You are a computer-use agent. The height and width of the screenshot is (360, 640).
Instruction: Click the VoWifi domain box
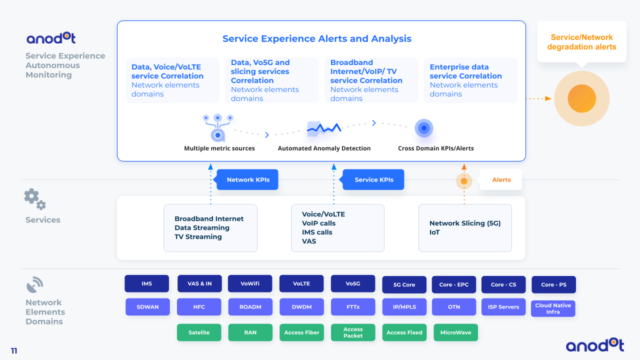tap(250, 283)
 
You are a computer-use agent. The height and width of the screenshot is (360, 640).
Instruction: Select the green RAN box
tap(250, 332)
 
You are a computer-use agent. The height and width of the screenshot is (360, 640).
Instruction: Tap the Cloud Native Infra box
tap(553, 308)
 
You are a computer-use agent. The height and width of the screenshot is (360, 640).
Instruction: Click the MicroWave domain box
tap(455, 332)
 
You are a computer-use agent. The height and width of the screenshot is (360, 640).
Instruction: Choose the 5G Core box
tap(404, 284)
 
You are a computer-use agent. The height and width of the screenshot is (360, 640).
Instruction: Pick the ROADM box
tap(250, 307)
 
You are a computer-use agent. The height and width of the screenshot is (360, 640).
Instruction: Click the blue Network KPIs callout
tap(247, 180)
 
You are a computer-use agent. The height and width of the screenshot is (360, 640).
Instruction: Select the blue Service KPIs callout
tap(373, 180)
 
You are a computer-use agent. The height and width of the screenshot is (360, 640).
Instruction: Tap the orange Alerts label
tap(501, 180)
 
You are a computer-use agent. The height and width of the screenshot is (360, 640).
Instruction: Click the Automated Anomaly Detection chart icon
tap(324, 128)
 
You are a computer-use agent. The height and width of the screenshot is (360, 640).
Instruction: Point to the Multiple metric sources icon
tap(217, 127)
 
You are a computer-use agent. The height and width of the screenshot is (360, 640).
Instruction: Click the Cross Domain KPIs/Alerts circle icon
tap(424, 128)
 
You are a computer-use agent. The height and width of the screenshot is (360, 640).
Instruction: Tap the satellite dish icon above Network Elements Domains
tap(34, 285)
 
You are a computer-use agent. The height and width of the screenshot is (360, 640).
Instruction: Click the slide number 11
tap(14, 351)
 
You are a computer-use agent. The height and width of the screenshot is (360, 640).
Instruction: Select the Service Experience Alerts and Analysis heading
tap(317, 39)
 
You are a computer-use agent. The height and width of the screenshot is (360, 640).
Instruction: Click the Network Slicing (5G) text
tap(464, 223)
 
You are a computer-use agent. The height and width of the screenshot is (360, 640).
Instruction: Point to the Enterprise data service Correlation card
tap(470, 80)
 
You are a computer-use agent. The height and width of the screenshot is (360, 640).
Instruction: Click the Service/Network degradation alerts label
tap(581, 42)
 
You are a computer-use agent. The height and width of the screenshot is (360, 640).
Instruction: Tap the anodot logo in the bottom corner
tap(594, 345)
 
